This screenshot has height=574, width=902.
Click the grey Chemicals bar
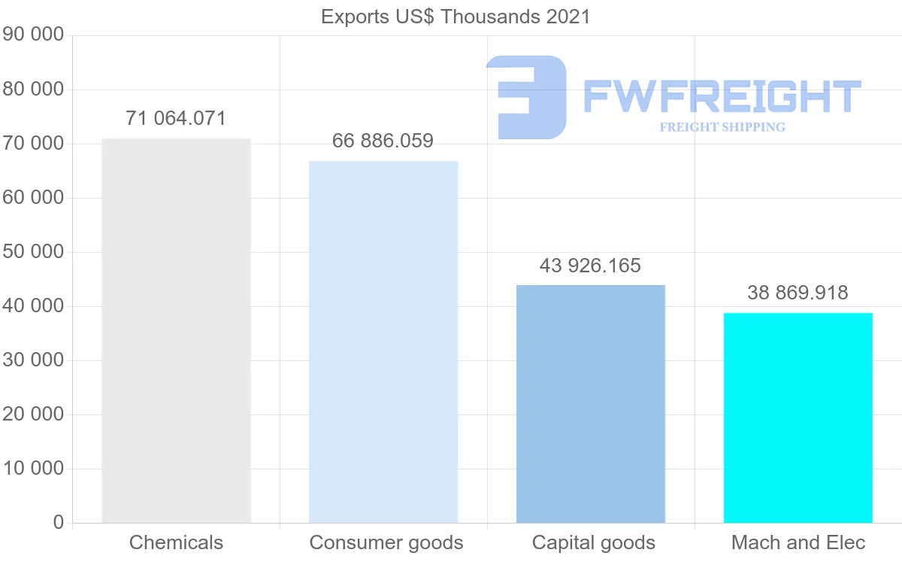coord(176,330)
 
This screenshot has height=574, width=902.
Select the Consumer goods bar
coord(383,342)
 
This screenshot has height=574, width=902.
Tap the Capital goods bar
coord(591,404)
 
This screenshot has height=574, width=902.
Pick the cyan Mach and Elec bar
coord(798,418)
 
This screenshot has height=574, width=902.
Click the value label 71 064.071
coord(176,118)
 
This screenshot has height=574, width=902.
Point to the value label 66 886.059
coord(383,141)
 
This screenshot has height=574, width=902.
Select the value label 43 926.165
coord(590,266)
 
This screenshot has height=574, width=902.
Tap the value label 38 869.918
coord(798,293)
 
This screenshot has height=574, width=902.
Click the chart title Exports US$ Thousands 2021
coord(456,17)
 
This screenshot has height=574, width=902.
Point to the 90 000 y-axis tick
coord(33,35)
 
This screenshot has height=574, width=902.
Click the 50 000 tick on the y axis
coord(33,252)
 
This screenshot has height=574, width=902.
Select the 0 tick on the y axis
coord(59,523)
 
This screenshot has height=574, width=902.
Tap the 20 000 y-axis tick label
coord(33,415)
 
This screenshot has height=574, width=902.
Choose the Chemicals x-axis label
coord(176,542)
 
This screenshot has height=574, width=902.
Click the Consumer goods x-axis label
coord(386,542)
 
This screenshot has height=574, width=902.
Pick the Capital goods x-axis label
coord(594,542)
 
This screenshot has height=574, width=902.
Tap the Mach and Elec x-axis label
coord(798,542)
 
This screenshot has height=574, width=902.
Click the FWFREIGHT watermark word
coord(722,97)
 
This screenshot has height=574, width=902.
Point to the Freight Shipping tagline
coord(722,127)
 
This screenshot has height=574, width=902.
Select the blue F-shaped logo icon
coord(526,97)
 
